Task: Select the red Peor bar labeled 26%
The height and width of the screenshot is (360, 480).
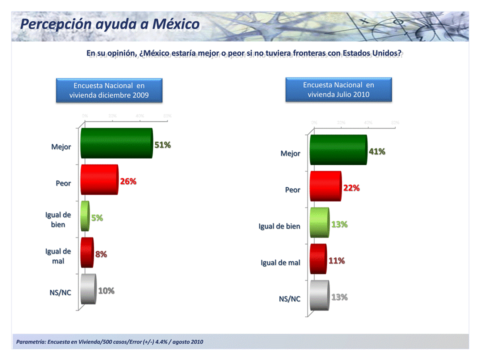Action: (99, 179)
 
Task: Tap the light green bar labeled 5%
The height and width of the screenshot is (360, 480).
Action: (85, 216)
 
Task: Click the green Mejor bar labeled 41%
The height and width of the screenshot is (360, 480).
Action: (338, 149)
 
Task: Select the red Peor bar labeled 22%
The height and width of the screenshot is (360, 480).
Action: (325, 186)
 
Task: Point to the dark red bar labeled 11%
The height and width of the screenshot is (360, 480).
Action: (318, 259)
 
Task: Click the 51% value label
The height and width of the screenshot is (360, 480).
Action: (162, 145)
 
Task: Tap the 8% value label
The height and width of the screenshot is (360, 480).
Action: (101, 254)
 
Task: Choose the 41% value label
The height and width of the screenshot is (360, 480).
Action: (376, 151)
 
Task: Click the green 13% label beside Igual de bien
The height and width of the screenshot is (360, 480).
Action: (339, 224)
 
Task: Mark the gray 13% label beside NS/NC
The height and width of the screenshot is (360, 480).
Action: (339, 297)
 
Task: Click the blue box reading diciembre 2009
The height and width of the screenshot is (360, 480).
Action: (109, 90)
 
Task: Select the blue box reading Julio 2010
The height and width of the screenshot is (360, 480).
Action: (338, 89)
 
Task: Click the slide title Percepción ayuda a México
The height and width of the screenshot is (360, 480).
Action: (110, 24)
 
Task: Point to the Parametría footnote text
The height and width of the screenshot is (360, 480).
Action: (110, 342)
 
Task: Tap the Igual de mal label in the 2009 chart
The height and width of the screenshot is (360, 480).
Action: (58, 256)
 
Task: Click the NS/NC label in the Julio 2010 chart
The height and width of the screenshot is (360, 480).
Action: (289, 299)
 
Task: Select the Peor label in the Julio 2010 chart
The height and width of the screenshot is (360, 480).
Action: (292, 190)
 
